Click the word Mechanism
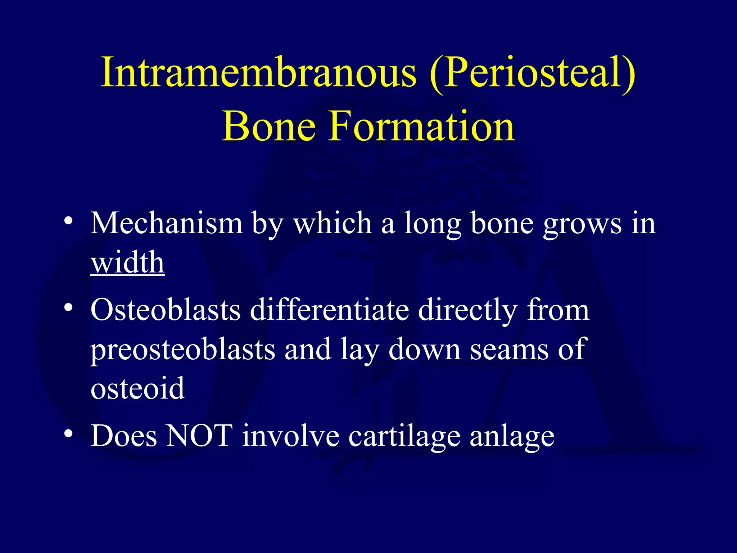(166, 224)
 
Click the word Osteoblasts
(165, 310)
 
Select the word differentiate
(329, 310)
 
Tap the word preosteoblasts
(182, 350)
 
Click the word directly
(468, 311)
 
